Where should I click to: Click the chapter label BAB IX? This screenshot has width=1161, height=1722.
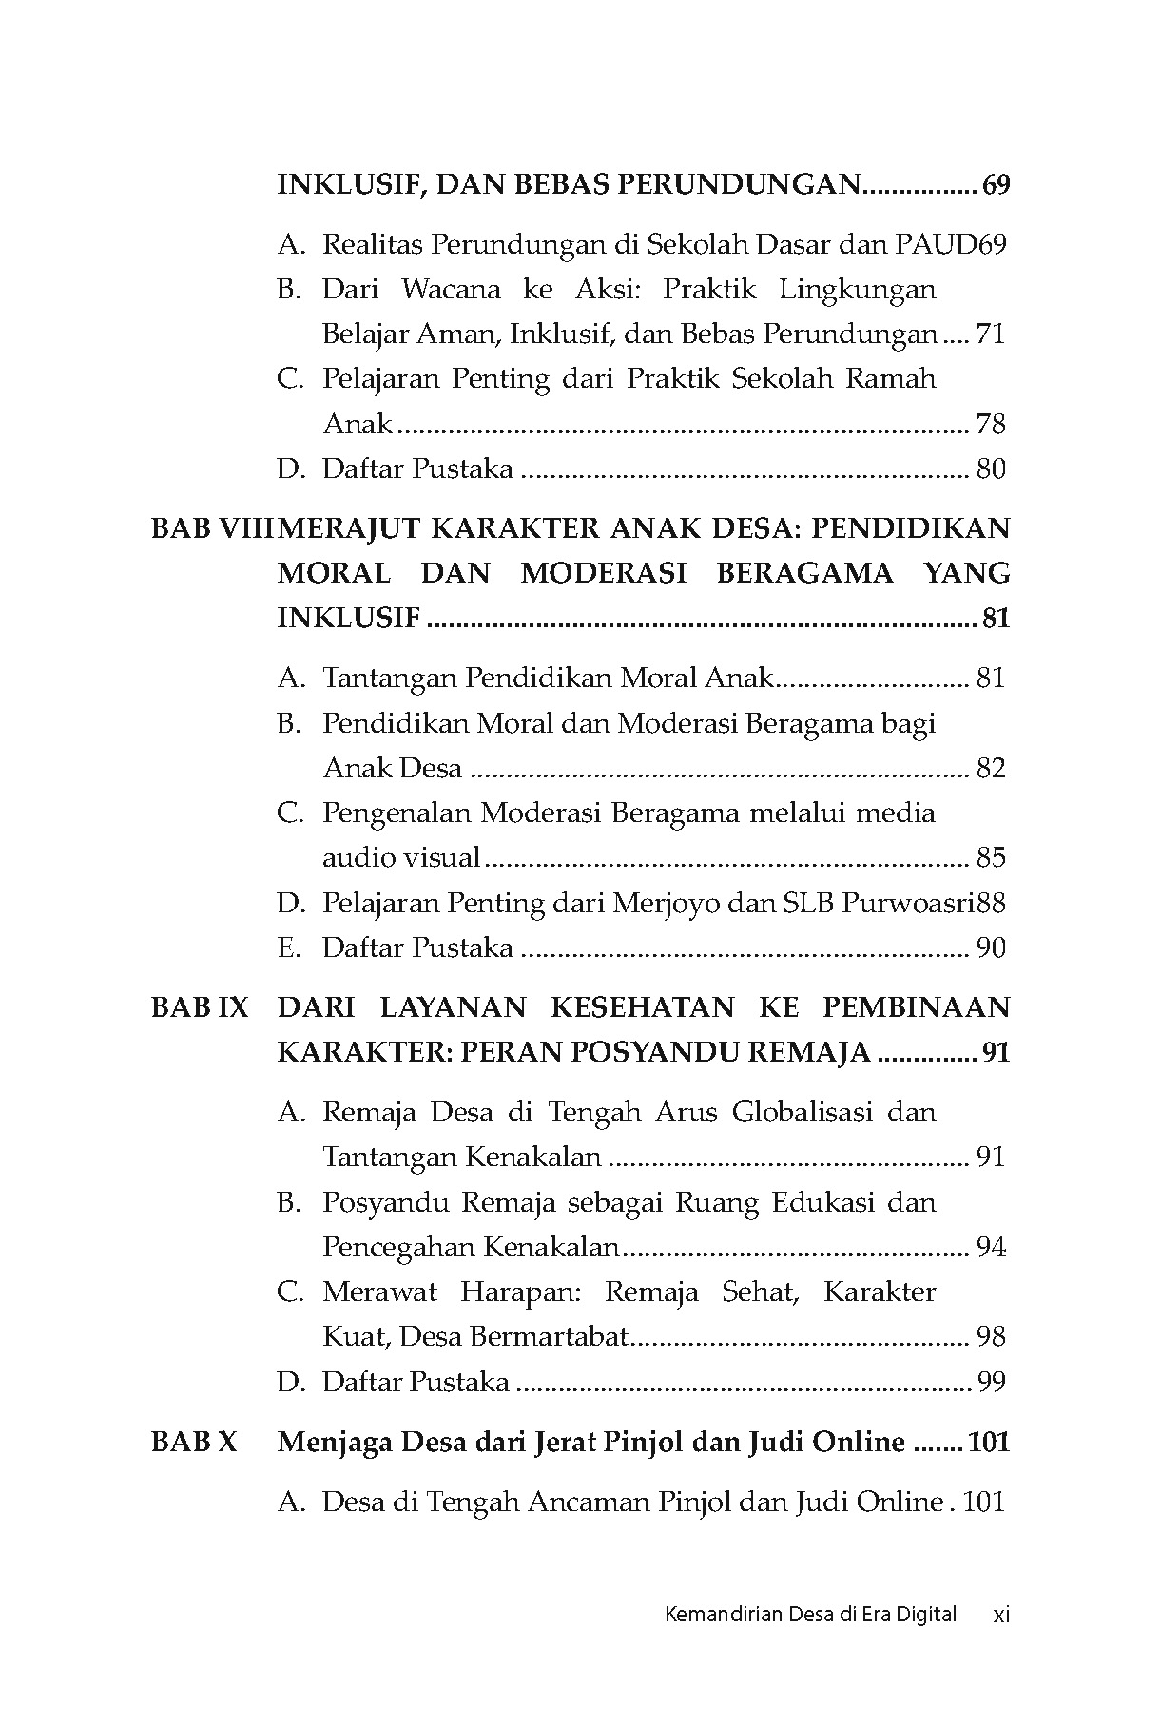click(199, 1007)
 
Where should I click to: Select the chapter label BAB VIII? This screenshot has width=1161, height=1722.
click(211, 528)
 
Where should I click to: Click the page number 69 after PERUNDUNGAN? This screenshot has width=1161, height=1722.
click(995, 184)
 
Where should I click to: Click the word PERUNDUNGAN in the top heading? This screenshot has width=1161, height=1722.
click(739, 184)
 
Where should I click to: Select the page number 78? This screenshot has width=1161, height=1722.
click(991, 424)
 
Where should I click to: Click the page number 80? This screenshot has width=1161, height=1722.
click(991, 469)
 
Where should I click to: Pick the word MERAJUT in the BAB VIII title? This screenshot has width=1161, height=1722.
click(346, 528)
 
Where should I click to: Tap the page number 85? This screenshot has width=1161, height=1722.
click(991, 858)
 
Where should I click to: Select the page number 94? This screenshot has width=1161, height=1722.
click(991, 1247)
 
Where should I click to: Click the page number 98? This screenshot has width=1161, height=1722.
click(991, 1337)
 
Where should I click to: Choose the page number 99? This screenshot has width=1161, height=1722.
click(991, 1382)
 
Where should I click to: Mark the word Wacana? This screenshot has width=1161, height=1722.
click(451, 290)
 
